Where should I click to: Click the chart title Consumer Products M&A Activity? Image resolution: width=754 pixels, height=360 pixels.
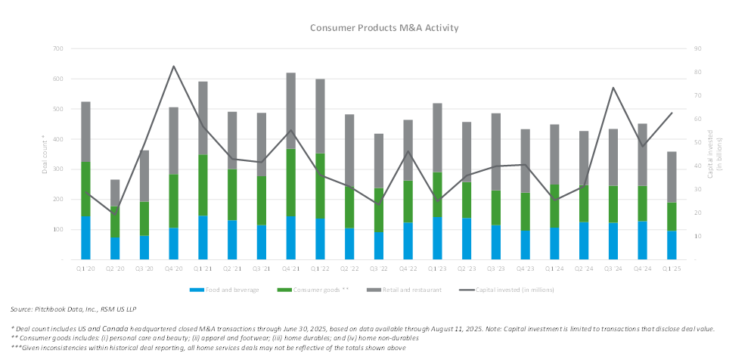384,28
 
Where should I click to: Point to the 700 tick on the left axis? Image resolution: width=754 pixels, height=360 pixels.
57,48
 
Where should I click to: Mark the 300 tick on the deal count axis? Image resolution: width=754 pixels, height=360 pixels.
57,169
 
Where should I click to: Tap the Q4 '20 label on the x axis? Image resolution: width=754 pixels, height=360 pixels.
173,268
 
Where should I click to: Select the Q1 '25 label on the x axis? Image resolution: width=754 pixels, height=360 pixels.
672,268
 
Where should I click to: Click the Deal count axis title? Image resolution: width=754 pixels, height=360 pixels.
44,155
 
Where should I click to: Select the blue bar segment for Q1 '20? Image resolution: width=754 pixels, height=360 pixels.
86,237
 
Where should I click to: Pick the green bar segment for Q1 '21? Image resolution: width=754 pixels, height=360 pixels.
203,185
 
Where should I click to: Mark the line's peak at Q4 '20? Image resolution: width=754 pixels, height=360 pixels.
174,66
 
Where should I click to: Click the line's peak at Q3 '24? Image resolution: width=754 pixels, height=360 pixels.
613,88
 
